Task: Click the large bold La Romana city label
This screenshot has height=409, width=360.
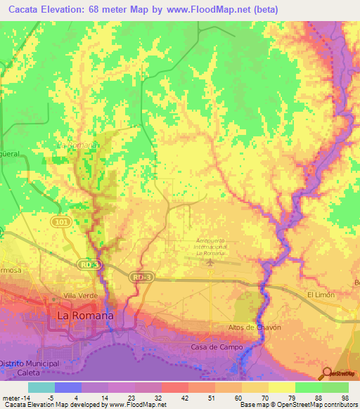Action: [84, 316]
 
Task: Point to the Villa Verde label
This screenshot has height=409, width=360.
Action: [80, 296]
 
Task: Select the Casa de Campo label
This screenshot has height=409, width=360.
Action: [217, 348]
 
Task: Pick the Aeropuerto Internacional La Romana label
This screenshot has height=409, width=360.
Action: [210, 247]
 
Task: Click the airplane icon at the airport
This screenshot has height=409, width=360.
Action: [210, 263]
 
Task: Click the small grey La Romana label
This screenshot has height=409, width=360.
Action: [77, 144]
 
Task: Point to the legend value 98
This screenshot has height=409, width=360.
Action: [345, 397]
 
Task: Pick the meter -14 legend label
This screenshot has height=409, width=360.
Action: [15, 397]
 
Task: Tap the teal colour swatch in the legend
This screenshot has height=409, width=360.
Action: [41, 387]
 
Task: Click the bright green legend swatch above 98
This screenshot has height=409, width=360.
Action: [335, 387]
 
